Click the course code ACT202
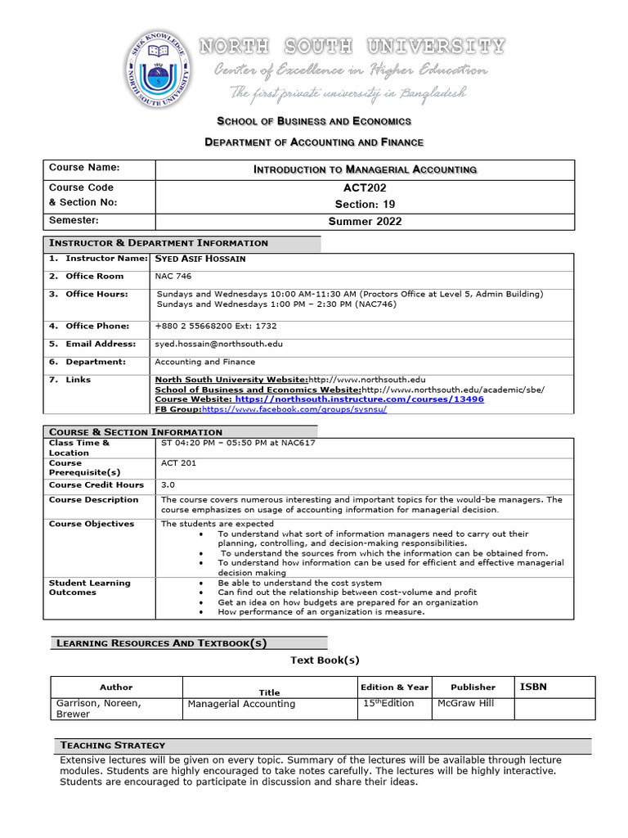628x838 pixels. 366,188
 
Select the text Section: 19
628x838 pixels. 366,204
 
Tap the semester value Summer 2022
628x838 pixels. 366,222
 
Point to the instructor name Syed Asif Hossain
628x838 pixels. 200,259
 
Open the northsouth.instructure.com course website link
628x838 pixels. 359,399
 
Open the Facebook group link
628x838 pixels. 294,409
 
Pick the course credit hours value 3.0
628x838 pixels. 168,485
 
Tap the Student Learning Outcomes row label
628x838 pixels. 89,588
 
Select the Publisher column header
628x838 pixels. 473,687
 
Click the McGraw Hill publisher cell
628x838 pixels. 466,703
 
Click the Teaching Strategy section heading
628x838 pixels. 112,746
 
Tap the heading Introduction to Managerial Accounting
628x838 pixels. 366,169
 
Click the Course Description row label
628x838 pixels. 93,500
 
